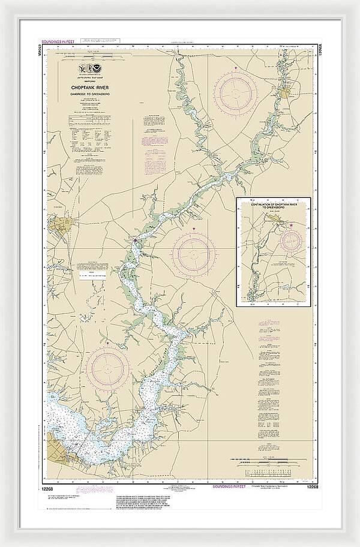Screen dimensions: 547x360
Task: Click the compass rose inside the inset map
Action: coord(292,241)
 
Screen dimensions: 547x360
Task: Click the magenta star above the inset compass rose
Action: coord(292,226)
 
